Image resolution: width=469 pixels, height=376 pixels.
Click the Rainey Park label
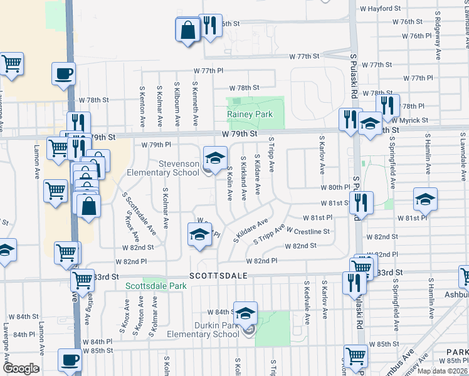point(250,115)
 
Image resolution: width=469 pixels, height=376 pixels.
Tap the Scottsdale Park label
point(156,286)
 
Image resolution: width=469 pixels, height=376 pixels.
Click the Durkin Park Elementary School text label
point(203,330)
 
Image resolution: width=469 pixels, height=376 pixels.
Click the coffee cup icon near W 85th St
point(70,360)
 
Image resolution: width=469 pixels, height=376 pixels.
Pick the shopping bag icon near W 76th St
point(188,30)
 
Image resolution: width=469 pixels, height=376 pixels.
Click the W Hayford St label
point(381,9)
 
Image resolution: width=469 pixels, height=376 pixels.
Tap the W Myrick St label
point(409,120)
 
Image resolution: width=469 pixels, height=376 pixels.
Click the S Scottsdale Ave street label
point(139,213)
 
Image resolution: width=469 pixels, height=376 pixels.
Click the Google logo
point(20,368)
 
